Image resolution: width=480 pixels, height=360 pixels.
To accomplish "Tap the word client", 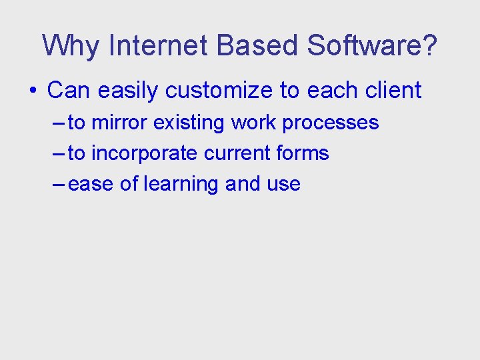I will [393, 91].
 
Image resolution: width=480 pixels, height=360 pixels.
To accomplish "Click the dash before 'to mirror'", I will [58, 123].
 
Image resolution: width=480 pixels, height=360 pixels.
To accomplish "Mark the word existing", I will [189, 123].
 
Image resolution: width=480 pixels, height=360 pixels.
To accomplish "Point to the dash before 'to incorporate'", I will [58, 154].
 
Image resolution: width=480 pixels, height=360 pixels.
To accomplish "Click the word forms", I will [304, 153].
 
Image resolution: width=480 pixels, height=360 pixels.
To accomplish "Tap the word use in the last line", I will [283, 184].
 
